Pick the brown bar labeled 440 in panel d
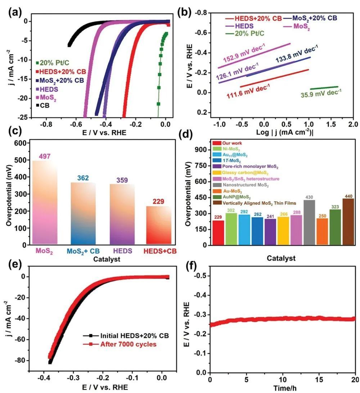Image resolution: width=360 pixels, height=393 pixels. point(348,222)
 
